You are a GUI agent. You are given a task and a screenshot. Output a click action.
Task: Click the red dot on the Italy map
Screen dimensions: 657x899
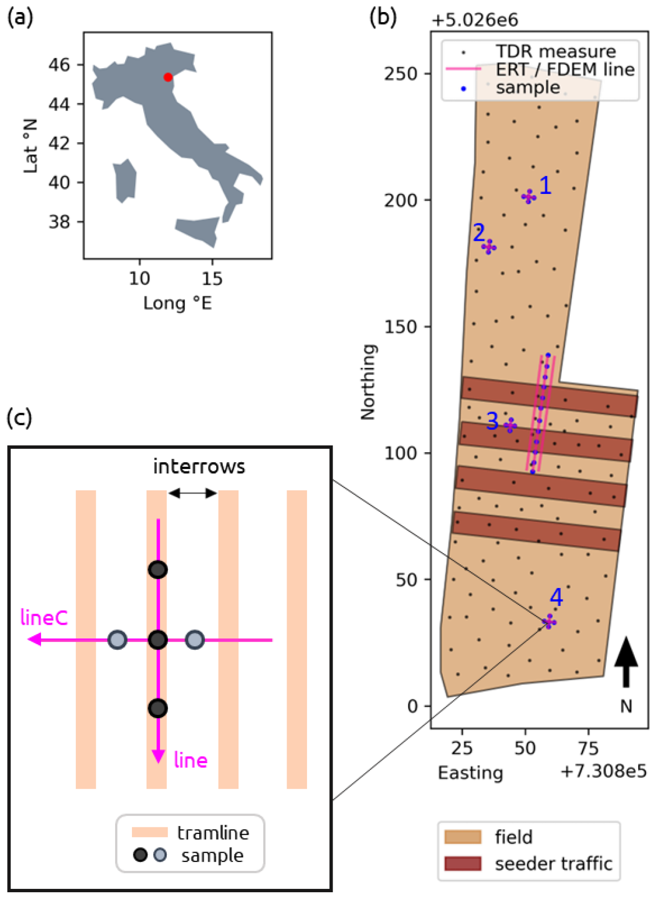tap(168, 77)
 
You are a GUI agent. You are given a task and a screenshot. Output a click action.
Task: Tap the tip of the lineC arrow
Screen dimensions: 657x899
tap(28, 640)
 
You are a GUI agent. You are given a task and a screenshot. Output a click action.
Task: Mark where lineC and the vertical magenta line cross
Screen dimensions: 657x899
tap(158, 640)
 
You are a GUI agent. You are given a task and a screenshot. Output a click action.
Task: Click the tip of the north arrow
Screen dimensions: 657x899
tap(626, 637)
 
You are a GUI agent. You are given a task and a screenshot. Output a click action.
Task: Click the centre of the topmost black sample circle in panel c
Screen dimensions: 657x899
tap(158, 570)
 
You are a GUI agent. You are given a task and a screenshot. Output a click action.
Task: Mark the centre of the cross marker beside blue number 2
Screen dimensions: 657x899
tap(489, 247)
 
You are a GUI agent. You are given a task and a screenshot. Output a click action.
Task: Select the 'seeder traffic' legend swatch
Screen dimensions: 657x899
tap(463, 863)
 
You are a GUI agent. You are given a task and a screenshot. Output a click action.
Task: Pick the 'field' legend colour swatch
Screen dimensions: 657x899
tap(463, 837)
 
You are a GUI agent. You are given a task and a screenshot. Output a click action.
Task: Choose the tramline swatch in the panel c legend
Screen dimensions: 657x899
tap(150, 832)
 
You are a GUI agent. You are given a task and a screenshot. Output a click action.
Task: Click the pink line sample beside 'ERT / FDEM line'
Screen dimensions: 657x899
tap(463, 69)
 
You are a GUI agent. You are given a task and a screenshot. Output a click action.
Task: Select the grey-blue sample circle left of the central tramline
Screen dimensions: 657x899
tap(117, 640)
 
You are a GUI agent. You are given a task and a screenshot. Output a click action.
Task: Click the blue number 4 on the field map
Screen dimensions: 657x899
tap(556, 597)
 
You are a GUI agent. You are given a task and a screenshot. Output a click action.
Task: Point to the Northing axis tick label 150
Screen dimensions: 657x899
tap(400, 326)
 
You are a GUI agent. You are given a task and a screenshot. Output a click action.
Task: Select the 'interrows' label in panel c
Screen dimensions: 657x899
tap(199, 466)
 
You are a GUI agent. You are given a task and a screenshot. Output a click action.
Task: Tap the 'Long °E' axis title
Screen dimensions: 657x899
tap(177, 303)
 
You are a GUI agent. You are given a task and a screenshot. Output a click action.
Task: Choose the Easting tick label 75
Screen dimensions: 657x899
tap(588, 748)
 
